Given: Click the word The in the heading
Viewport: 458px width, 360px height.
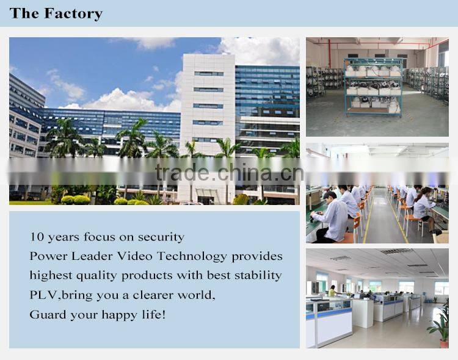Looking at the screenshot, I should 24,13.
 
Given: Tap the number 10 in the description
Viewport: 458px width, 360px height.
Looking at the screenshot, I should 37,237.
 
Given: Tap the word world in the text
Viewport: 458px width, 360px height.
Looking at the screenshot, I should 194,295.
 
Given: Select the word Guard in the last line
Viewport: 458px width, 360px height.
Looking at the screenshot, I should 46,315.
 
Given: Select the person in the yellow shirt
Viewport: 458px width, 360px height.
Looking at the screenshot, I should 333,291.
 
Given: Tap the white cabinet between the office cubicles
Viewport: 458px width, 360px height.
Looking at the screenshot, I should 363,312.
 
